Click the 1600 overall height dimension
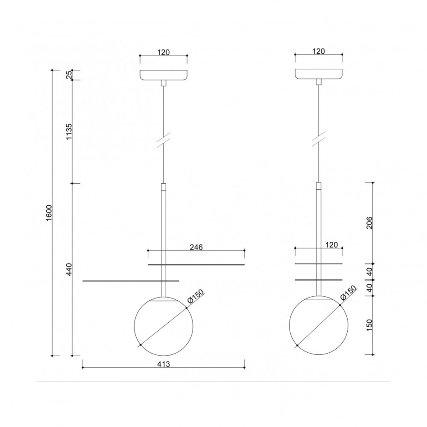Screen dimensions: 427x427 pos(49,212)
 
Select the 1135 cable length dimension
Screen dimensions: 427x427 pos(69,131)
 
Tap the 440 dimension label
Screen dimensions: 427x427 pos(69,269)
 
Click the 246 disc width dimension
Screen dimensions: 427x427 pos(196,247)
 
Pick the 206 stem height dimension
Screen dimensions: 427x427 pos(369,223)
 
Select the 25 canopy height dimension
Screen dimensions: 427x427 pos(69,75)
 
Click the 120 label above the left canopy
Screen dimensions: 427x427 pos(164,52)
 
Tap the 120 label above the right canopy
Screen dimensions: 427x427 pos(318,51)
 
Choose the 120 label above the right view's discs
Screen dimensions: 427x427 pos(332,245)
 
